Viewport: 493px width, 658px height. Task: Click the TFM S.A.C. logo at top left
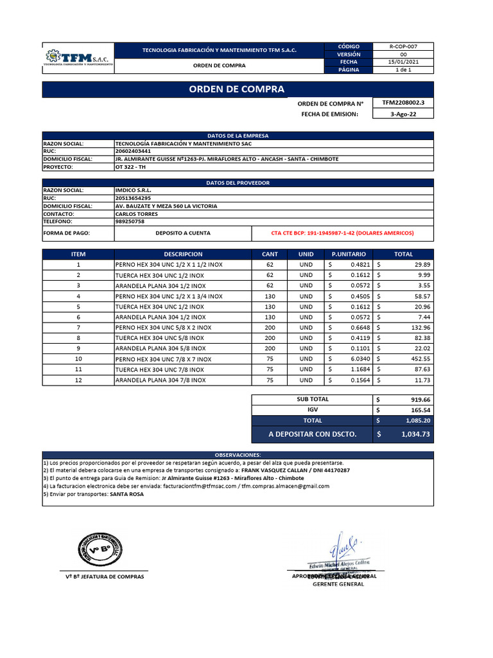click(78, 58)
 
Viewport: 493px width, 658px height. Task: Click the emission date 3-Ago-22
click(402, 114)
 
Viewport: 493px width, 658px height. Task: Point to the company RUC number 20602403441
click(133, 151)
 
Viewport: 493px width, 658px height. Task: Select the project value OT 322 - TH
click(131, 166)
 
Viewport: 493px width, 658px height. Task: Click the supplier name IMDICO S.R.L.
click(133, 190)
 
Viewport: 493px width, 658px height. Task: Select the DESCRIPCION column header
click(183, 254)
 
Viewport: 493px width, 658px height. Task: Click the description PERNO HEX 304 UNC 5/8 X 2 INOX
click(163, 327)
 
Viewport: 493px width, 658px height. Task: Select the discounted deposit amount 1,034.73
click(415, 434)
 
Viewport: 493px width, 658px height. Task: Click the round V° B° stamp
click(99, 542)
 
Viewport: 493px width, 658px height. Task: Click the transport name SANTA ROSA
click(126, 494)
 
